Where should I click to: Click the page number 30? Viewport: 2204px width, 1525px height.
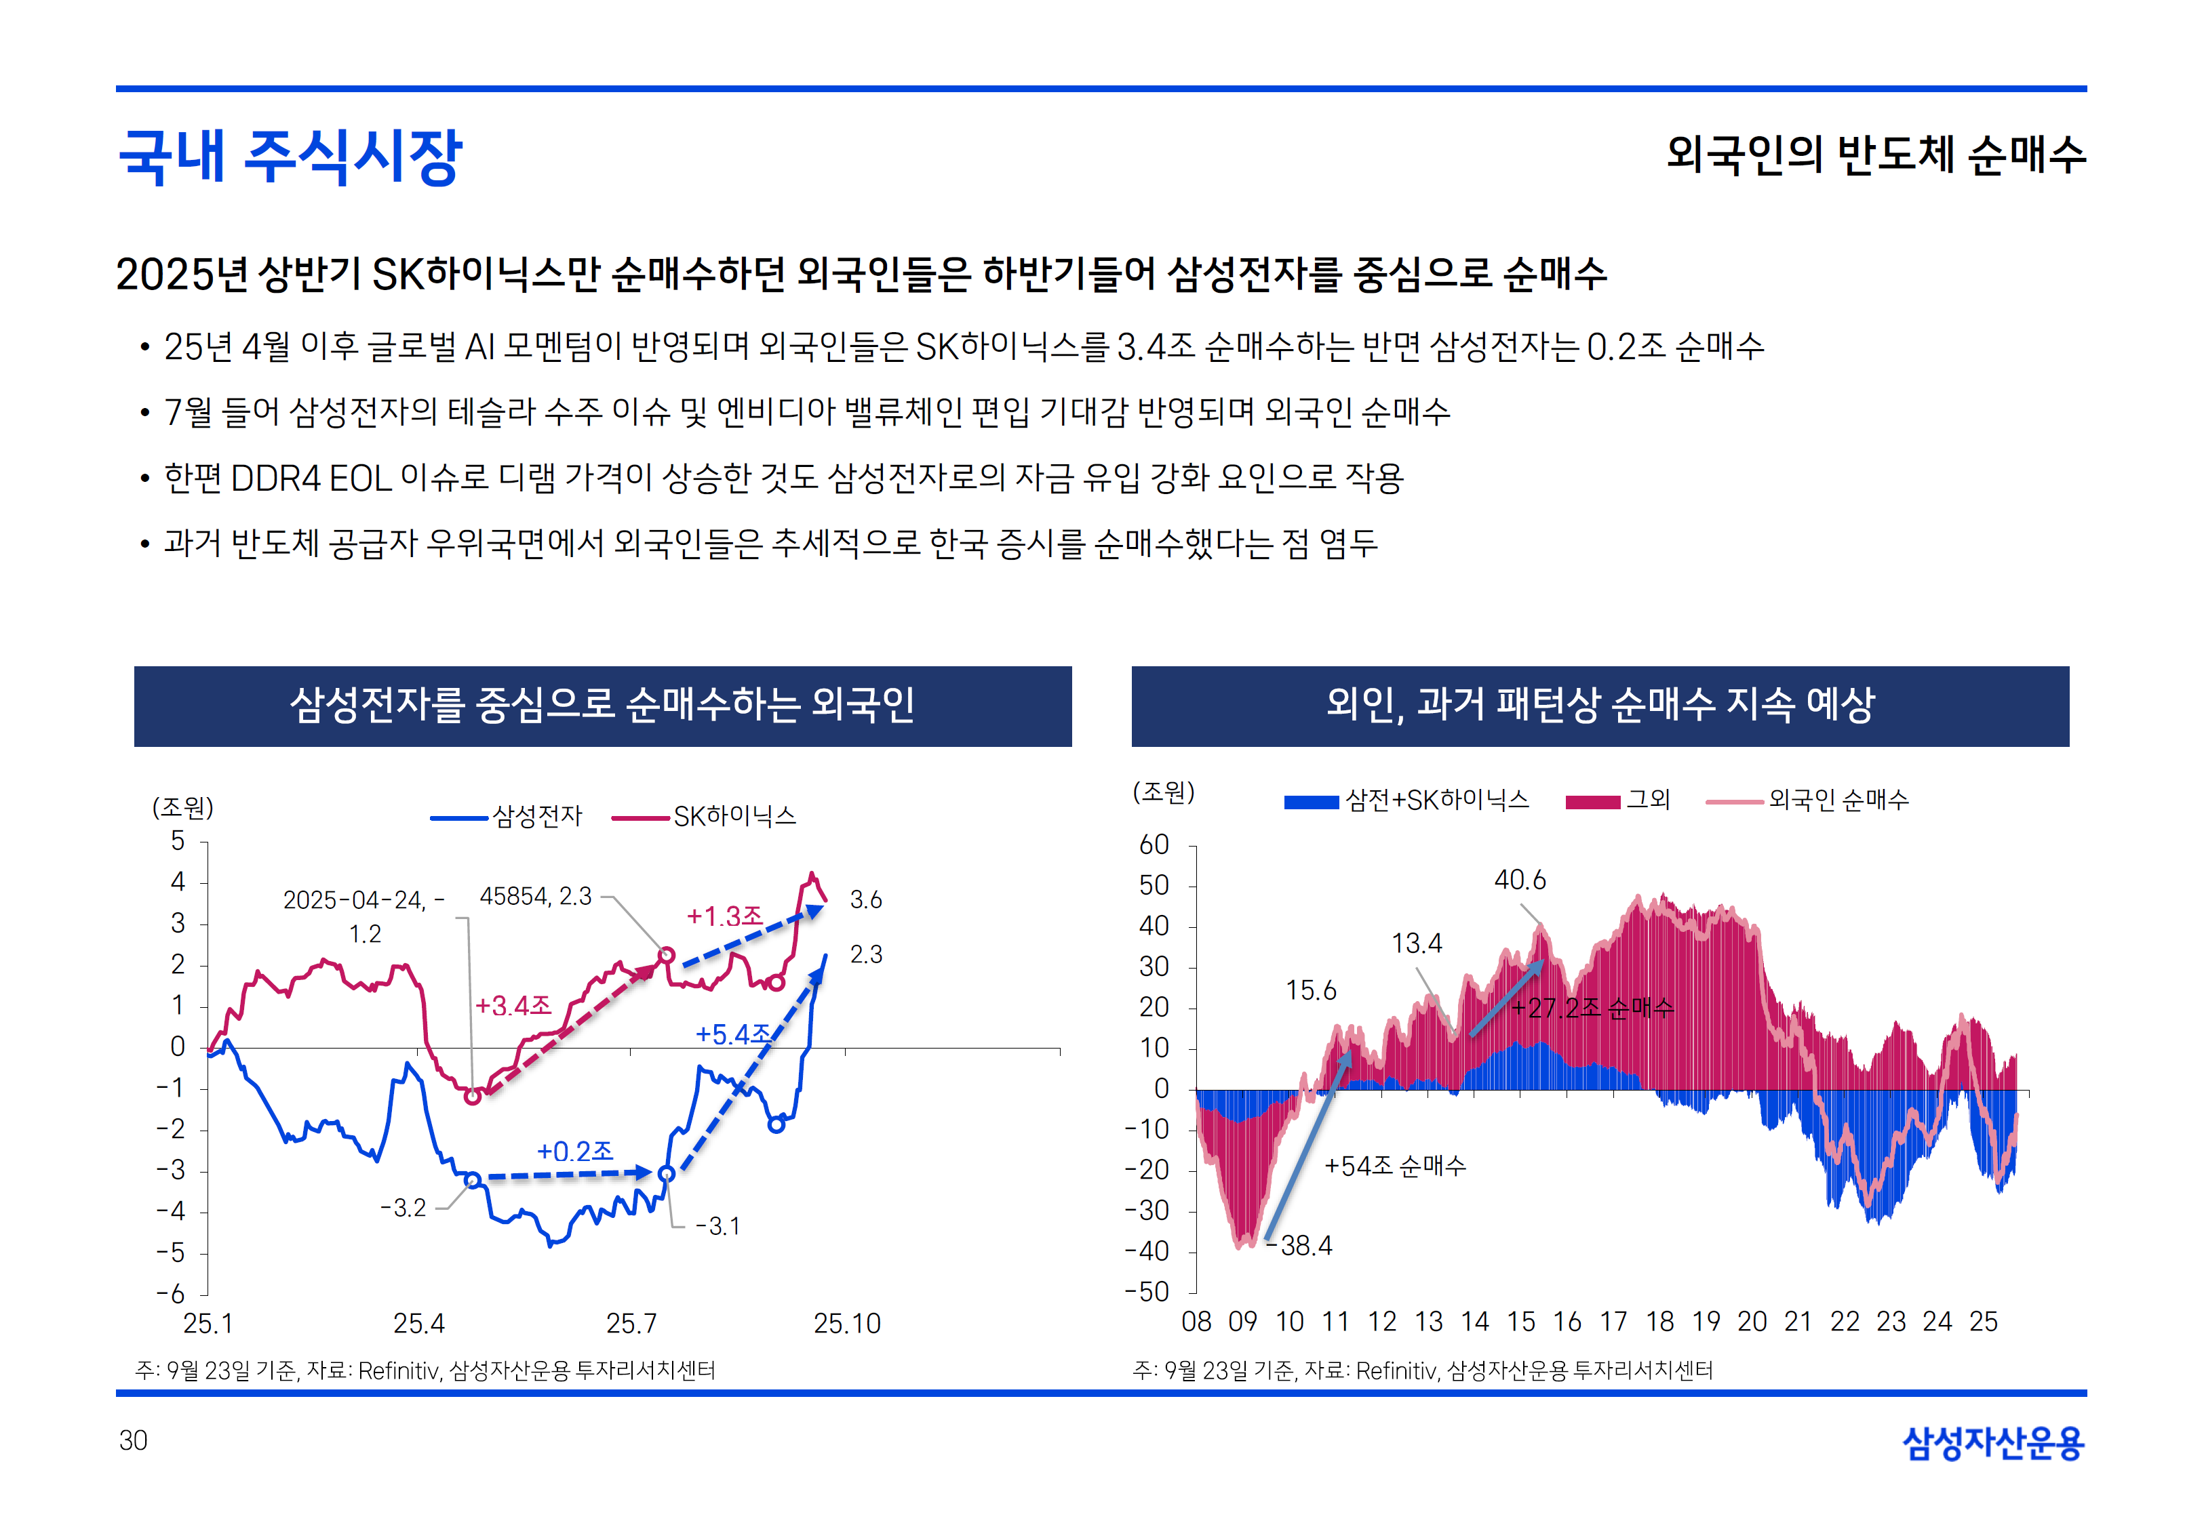(133, 1440)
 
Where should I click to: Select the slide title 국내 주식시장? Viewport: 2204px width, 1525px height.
(290, 156)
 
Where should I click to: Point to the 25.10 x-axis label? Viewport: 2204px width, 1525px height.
(847, 1324)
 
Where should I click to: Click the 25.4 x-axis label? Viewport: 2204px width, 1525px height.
(418, 1324)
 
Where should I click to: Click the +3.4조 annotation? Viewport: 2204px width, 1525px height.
(513, 1005)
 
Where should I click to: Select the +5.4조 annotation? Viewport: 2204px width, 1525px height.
(733, 1034)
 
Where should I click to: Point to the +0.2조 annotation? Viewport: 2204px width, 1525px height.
(574, 1150)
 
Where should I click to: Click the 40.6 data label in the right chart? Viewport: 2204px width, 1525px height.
(1520, 880)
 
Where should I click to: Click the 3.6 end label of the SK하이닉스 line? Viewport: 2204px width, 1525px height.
(866, 899)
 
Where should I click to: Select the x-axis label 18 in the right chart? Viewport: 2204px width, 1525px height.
(1659, 1322)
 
